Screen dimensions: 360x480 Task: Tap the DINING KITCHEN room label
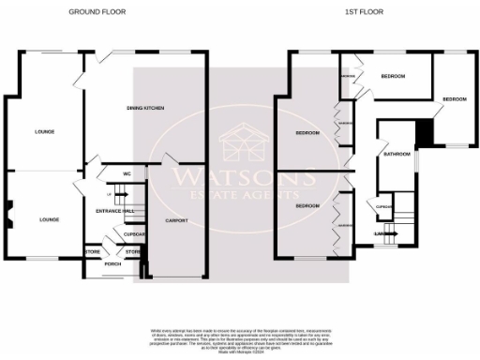pos(145,110)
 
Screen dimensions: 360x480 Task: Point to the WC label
pos(126,173)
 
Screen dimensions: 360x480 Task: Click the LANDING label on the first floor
pos(382,232)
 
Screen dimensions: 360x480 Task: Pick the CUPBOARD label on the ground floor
pos(134,233)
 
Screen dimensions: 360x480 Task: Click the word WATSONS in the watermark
pos(241,175)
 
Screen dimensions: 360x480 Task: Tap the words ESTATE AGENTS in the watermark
pos(241,195)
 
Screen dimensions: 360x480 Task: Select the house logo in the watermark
pos(241,144)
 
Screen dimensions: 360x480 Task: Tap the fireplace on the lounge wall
pos(7,216)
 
